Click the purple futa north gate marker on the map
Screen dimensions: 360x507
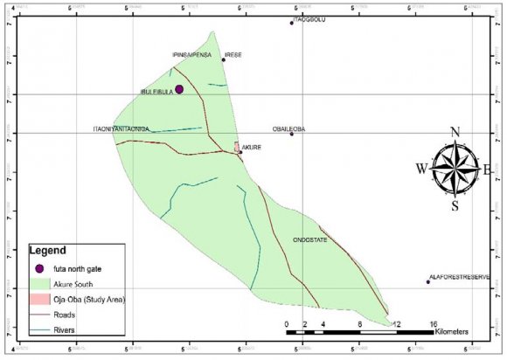click(x=178, y=89)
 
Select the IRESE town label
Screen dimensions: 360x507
click(x=233, y=54)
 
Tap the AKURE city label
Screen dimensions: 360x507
click(x=252, y=149)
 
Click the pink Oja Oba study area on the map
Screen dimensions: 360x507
click(x=237, y=148)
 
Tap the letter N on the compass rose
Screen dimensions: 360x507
click(x=455, y=132)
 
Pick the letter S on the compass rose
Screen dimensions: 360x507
click(x=455, y=206)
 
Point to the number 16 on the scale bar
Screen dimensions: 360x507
click(x=433, y=324)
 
